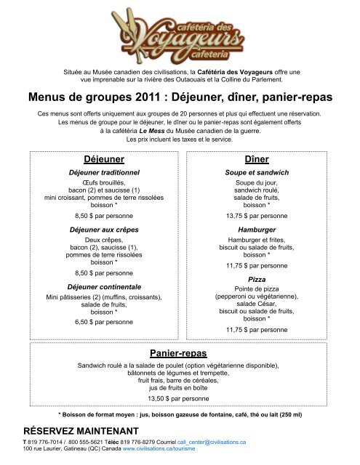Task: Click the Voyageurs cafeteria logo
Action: click(x=179, y=32)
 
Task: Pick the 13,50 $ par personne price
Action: click(x=179, y=399)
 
